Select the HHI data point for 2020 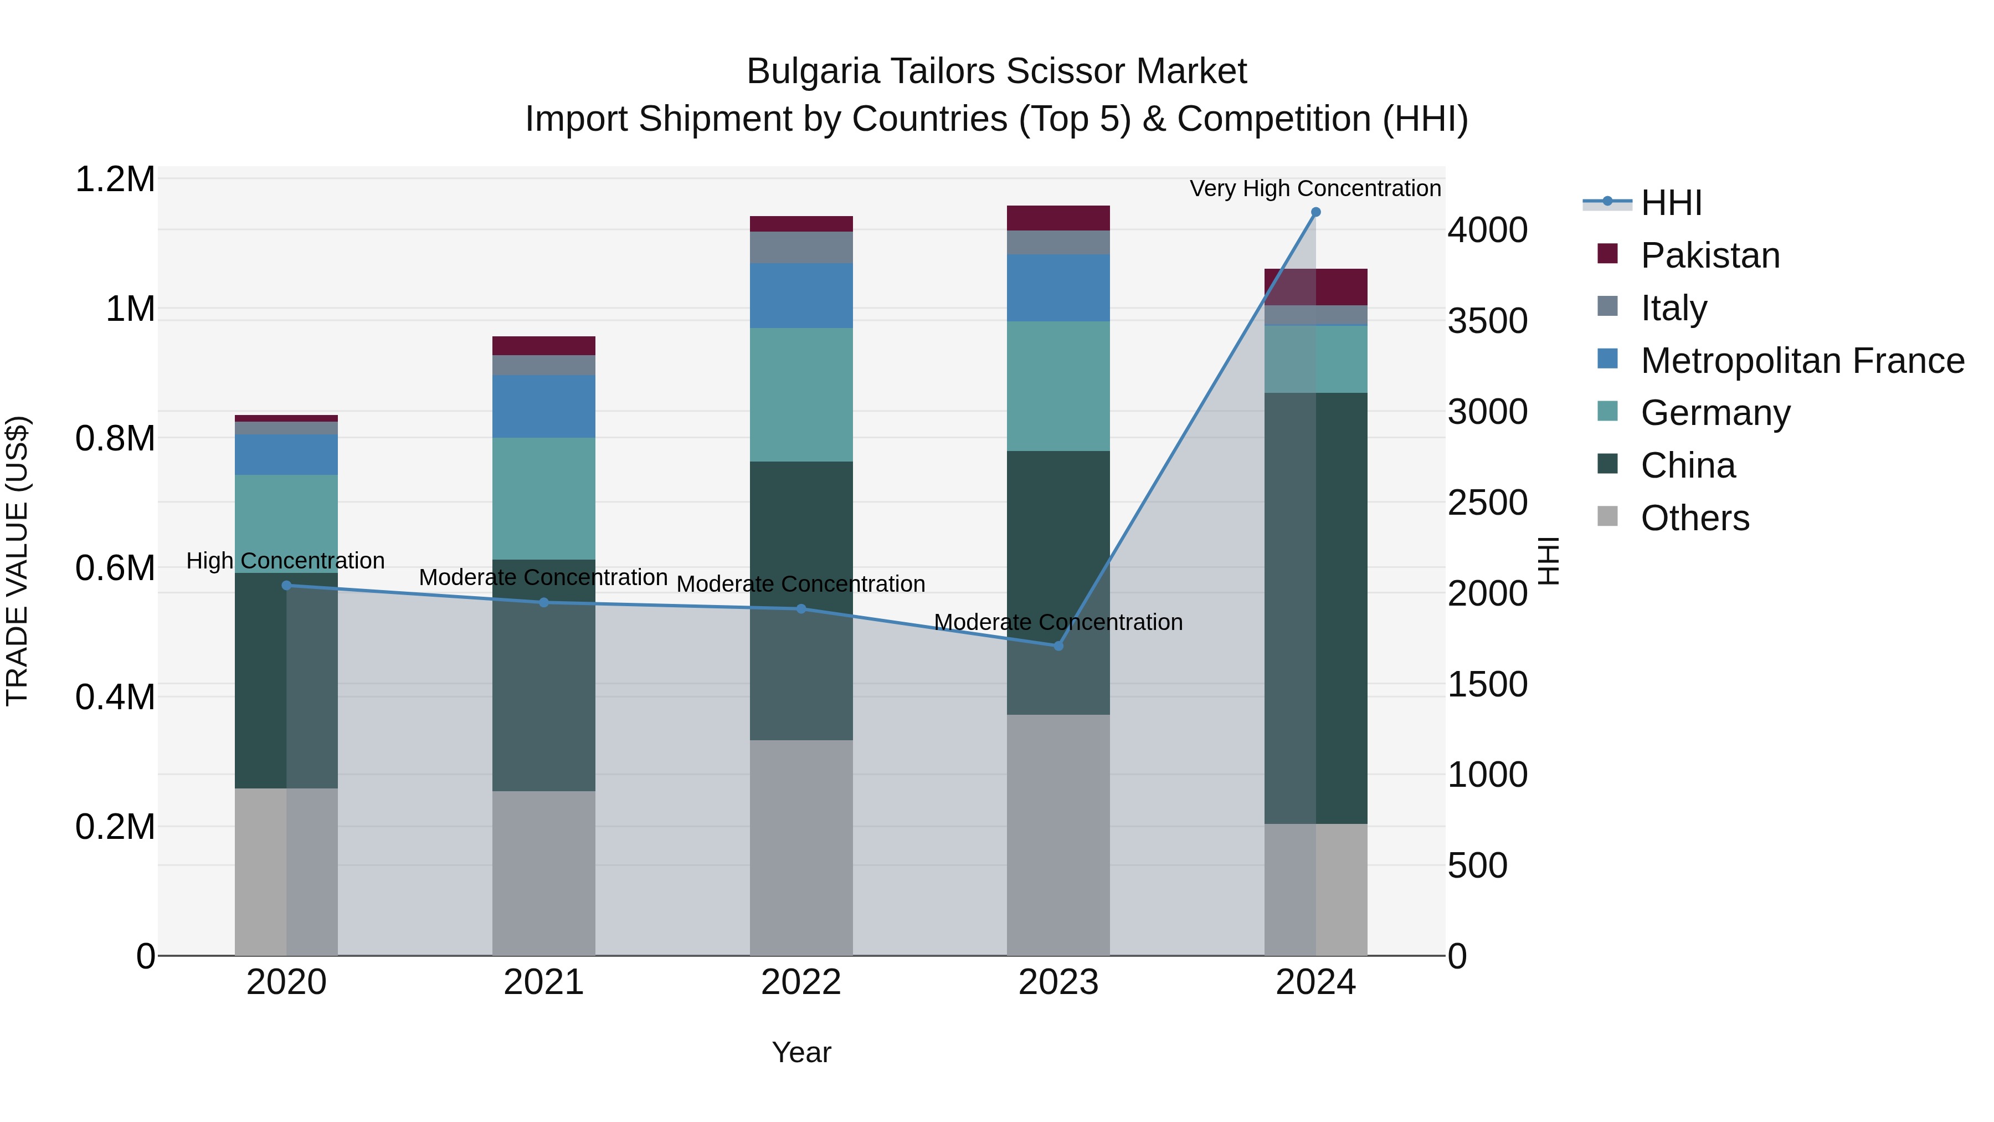pos(286,586)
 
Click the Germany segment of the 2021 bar pos(543,498)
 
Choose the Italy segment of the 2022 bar pos(801,247)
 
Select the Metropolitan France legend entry pos(1801,361)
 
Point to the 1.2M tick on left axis pos(115,180)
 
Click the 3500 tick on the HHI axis pos(1487,321)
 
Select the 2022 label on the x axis pos(801,982)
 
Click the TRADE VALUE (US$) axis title pos(17,561)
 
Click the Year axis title pos(801,1052)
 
